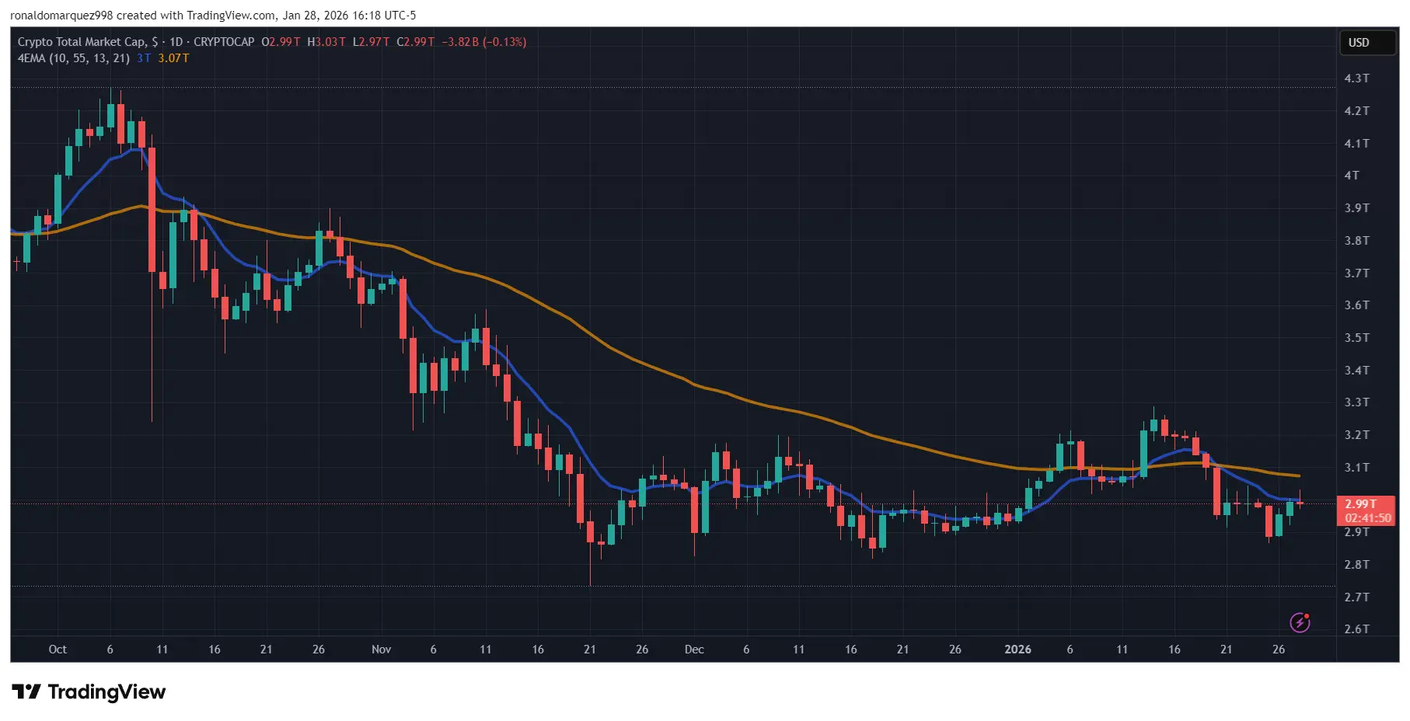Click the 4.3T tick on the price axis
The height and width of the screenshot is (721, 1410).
(x=1356, y=78)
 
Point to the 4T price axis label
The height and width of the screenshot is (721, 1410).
(x=1352, y=176)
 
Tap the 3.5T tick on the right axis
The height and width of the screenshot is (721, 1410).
(x=1356, y=338)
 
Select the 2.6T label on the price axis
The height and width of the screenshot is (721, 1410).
(x=1356, y=629)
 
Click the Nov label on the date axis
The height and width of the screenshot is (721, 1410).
(x=381, y=650)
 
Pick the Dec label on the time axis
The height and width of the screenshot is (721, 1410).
(x=694, y=650)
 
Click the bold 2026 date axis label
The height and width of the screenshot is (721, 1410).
(x=1017, y=650)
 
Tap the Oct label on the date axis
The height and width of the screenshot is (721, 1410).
(x=58, y=650)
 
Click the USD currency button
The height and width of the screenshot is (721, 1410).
(x=1359, y=43)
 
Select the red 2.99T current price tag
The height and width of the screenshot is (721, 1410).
(x=1360, y=504)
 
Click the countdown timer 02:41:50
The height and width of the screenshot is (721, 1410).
(x=1368, y=518)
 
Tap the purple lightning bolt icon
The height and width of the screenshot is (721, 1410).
(x=1300, y=622)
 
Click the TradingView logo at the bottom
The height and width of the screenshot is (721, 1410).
(x=89, y=691)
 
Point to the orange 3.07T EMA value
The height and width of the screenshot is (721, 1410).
(x=173, y=58)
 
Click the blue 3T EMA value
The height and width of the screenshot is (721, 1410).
(x=144, y=58)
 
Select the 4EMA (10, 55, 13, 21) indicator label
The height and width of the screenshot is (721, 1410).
(x=74, y=58)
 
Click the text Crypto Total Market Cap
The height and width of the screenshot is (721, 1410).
(x=82, y=42)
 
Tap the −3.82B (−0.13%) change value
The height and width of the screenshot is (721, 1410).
(x=483, y=42)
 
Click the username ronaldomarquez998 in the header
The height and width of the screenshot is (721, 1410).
(x=61, y=16)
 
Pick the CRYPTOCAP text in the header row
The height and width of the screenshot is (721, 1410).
(x=224, y=42)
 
